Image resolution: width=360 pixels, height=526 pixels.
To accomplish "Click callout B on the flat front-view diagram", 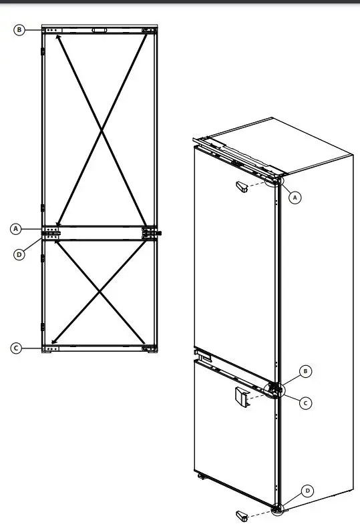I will point(19,29).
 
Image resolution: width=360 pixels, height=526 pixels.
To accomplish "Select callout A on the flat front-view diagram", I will point(16,229).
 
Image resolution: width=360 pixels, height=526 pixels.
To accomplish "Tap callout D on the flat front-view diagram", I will point(19,254).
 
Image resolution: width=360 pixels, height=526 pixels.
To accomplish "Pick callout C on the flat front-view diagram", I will point(16,348).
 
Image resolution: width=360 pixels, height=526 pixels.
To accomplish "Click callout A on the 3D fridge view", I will point(297,196).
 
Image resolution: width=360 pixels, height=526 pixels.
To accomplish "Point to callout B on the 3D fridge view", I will point(305,371).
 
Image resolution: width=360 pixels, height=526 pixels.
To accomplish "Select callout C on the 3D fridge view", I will point(305,403).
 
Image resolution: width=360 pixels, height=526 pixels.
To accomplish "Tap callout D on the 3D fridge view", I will point(307,491).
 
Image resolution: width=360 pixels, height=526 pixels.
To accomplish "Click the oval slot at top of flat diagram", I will point(100,30).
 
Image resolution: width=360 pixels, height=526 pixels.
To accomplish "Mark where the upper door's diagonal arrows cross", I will point(101,131).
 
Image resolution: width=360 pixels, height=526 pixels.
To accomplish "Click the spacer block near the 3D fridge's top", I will point(241,186).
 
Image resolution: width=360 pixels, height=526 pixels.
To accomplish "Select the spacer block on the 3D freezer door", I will point(240,397).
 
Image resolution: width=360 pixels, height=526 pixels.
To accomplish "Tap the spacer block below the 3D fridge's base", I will point(242,515).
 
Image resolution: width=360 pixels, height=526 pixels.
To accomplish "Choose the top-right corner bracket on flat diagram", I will point(150,31).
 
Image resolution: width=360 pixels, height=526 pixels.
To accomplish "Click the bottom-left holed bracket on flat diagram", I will point(51,348).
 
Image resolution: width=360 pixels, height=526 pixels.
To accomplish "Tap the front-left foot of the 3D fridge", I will point(200,477).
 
